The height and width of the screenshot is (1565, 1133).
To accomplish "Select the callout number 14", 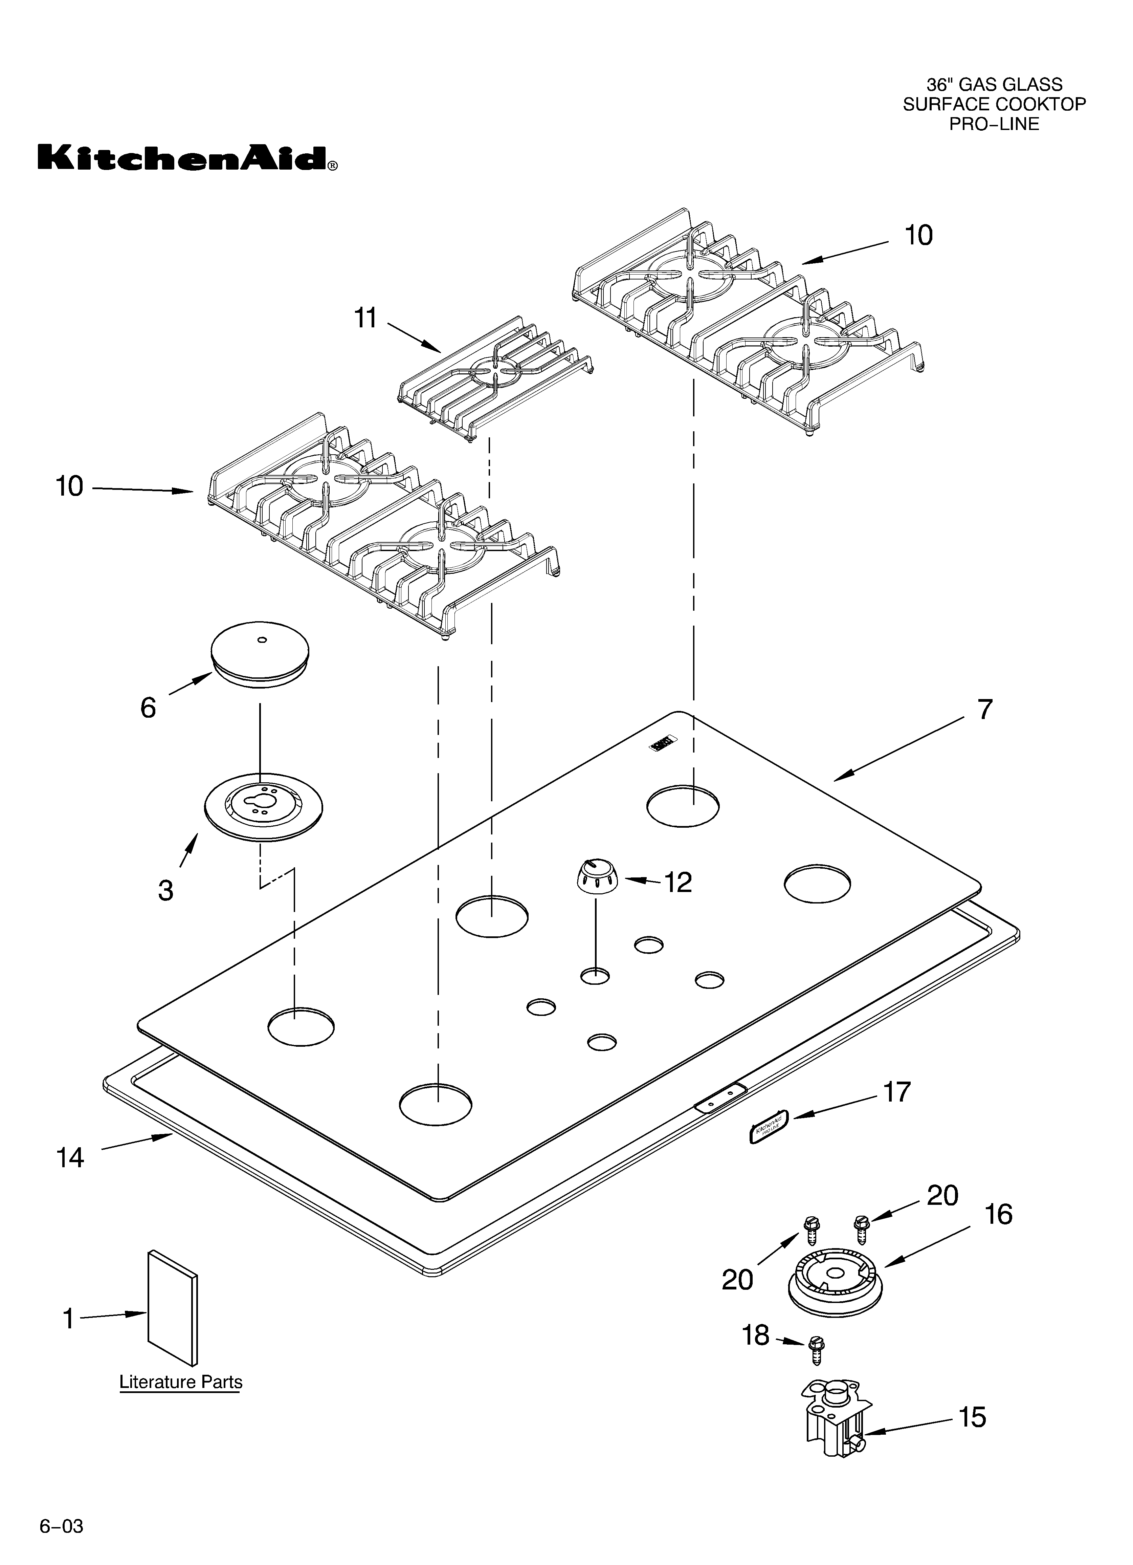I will [x=70, y=1157].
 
